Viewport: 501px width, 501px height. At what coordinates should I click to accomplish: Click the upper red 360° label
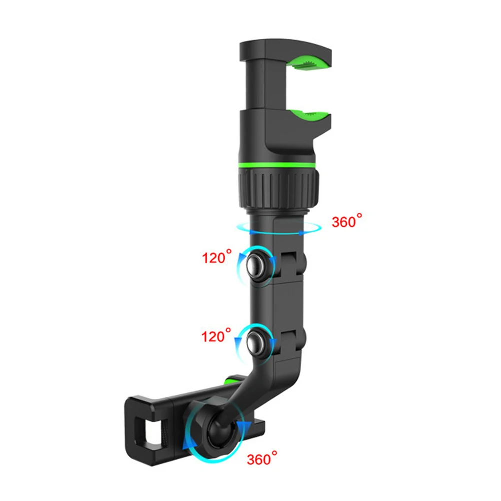pyautogui.click(x=347, y=221)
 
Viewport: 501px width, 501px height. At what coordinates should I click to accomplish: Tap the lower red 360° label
pyautogui.click(x=262, y=459)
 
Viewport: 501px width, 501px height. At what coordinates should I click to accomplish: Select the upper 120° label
pyautogui.click(x=217, y=257)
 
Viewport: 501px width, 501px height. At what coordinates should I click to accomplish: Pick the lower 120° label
pyautogui.click(x=216, y=335)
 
